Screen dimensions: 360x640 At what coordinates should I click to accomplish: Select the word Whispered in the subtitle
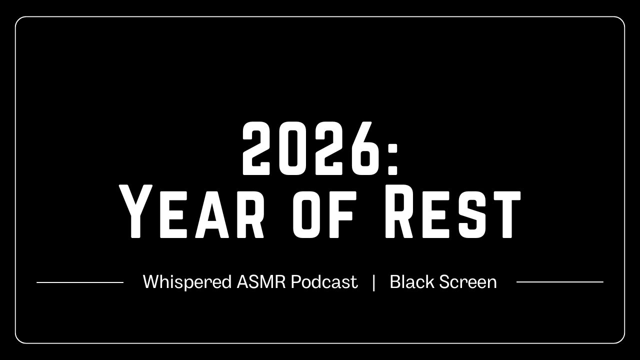click(186, 282)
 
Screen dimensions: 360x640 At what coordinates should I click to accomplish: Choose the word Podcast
click(324, 282)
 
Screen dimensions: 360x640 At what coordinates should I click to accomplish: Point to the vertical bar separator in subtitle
click(373, 282)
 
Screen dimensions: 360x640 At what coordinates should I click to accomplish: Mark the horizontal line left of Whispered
click(80, 282)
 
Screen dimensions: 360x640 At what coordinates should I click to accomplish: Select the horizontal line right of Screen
click(559, 282)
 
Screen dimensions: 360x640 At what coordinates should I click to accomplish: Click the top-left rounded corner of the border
click(18, 20)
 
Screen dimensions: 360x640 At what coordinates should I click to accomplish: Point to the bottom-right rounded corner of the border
click(621, 340)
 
